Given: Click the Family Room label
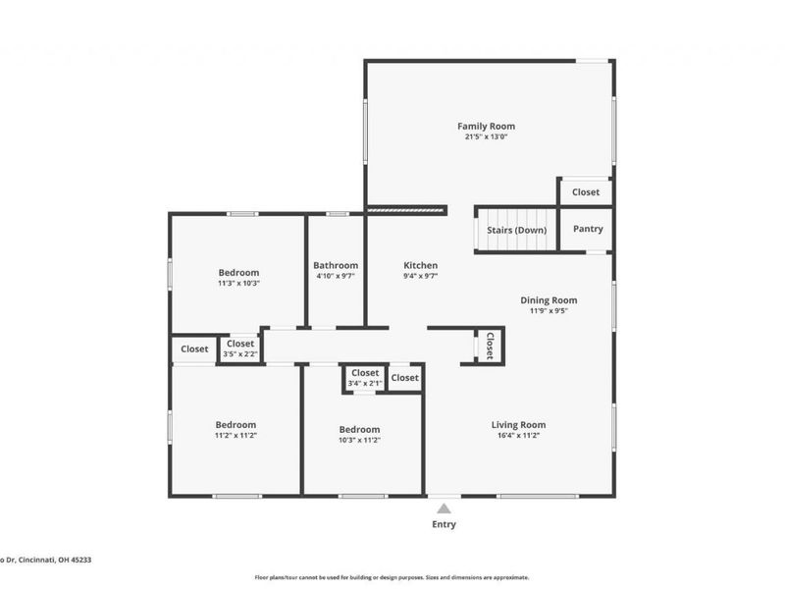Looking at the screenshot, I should (486, 126).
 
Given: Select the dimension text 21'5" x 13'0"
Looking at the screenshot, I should (486, 137).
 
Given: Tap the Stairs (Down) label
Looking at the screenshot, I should (516, 230).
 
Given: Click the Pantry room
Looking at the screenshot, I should (587, 229).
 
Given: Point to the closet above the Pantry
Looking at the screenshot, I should (586, 192).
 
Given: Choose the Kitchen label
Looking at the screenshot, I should (421, 265).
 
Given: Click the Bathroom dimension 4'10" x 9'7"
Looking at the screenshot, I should (336, 277).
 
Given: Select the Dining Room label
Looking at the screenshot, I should (549, 300).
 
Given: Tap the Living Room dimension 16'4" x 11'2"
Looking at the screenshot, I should (518, 435).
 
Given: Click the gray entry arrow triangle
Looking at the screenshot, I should (444, 509).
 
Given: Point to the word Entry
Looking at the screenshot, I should (444, 524).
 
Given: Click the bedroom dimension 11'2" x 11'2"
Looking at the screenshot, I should (235, 435).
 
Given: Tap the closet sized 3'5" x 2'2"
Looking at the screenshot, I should (239, 348).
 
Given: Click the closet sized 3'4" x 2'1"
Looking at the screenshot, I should (365, 378).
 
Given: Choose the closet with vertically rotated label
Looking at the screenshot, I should (490, 345).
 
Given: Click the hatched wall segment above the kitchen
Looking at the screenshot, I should (406, 209).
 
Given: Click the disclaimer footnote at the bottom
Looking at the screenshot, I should (392, 577).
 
